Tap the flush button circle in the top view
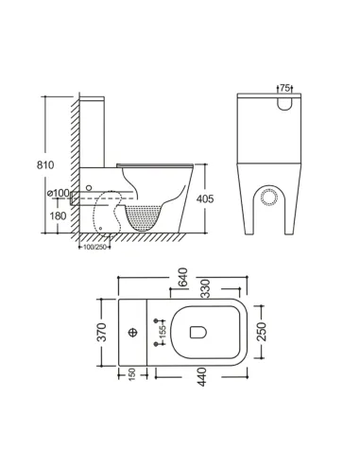click(133, 333)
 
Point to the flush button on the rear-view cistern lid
click(284, 101)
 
